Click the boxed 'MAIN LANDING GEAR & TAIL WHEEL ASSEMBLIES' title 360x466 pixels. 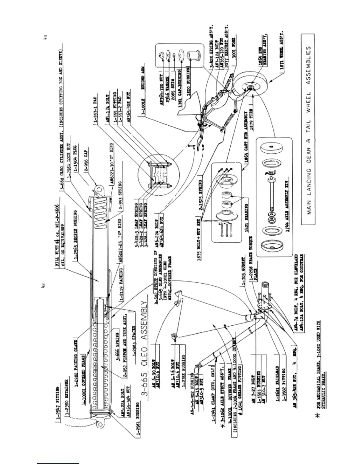point(309,129)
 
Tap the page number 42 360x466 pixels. point(43,285)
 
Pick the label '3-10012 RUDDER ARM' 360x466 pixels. point(144,91)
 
